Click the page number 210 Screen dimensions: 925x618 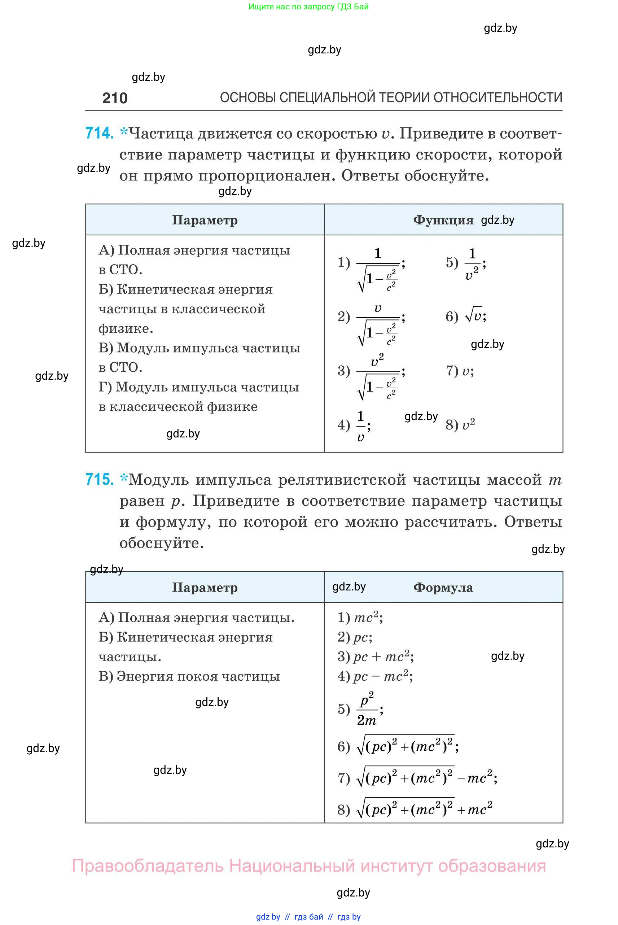(x=115, y=98)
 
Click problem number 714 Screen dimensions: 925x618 (x=99, y=133)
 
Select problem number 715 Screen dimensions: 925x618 (x=99, y=479)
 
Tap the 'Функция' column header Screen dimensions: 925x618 (x=443, y=220)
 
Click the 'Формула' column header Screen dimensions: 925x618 (x=443, y=588)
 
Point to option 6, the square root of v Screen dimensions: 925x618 (x=473, y=316)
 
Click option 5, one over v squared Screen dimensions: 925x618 (x=472, y=263)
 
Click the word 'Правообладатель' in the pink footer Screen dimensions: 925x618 (x=148, y=866)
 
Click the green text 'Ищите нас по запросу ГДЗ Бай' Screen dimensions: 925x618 (x=308, y=7)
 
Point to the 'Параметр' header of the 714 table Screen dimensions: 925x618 (x=205, y=220)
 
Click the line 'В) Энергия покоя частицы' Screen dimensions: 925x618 (x=189, y=676)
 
